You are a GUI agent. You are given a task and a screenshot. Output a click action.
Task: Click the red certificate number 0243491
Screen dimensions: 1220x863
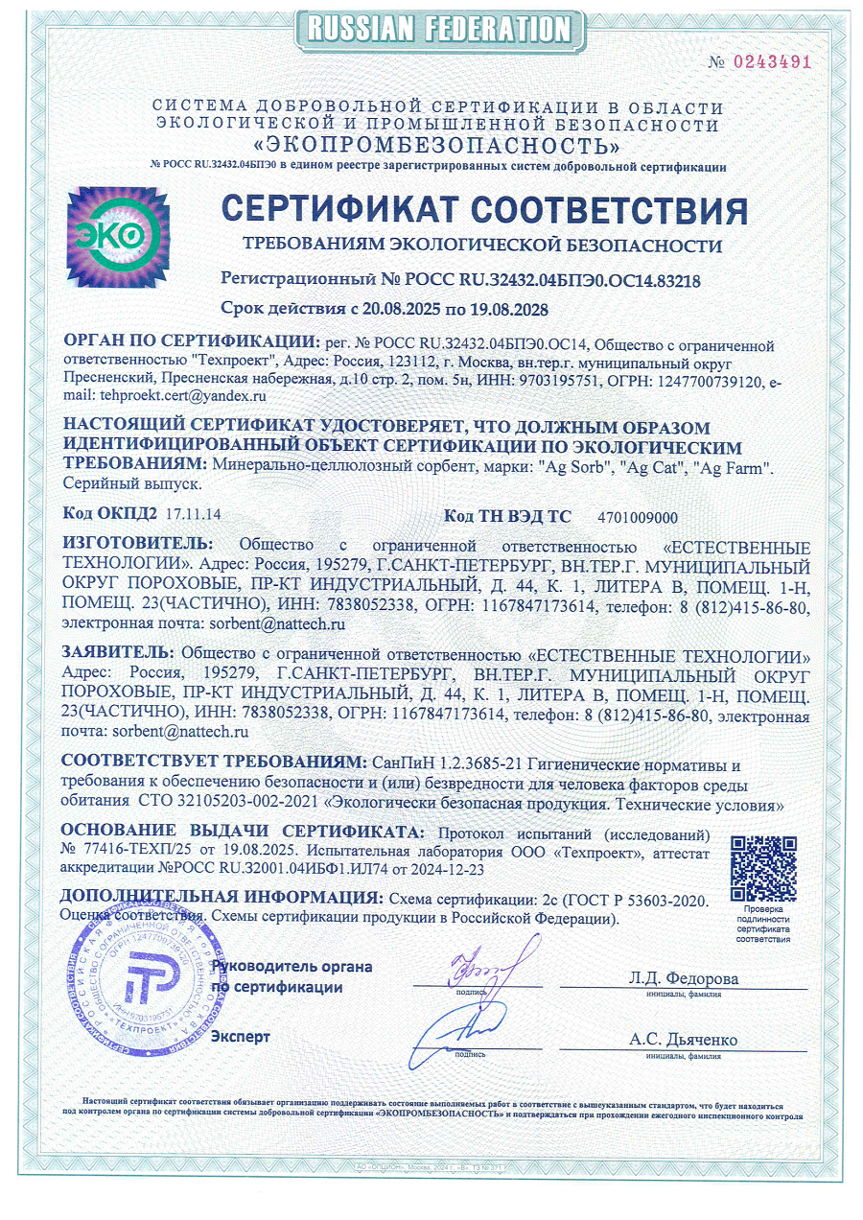772,62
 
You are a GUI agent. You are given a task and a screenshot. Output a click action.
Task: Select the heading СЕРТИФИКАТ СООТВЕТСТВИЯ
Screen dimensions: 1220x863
484,211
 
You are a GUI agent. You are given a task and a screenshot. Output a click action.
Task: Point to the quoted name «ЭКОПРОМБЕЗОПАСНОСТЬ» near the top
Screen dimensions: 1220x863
435,147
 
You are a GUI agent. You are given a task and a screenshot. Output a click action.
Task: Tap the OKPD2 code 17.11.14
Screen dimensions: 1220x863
193,516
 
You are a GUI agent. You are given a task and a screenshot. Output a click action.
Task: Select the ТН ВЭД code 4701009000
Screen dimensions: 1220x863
637,517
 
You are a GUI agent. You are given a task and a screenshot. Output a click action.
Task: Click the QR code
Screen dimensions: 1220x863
762,865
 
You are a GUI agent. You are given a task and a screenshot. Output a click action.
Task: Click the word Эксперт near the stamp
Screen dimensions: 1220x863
240,1036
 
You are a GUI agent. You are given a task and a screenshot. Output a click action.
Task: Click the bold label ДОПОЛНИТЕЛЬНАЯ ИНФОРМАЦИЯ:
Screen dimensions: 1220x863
219,898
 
